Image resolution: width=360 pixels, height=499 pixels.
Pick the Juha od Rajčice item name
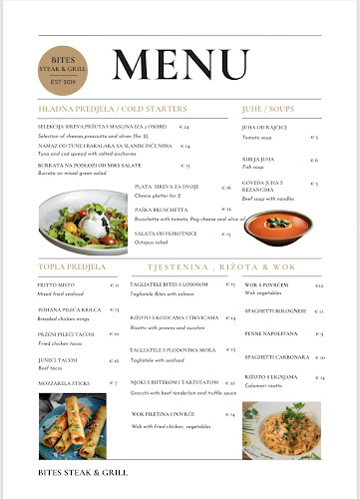[263, 128]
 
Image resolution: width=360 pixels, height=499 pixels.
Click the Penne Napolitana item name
[270, 333]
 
